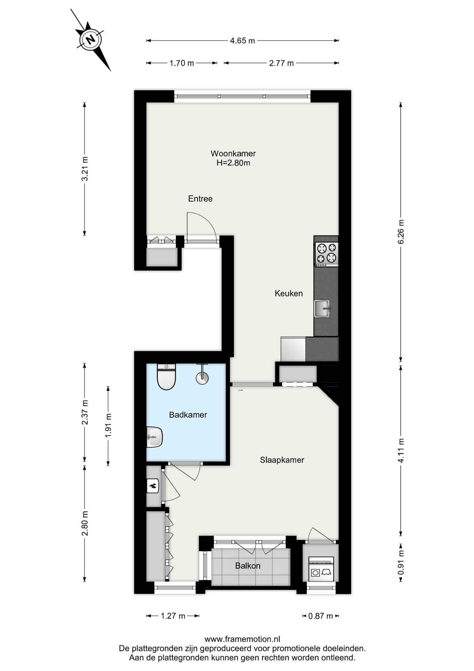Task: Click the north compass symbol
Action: point(90,39)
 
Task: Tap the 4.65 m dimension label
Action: point(242,41)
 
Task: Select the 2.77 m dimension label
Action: point(281,63)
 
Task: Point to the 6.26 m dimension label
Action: point(401,232)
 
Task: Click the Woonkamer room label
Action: point(233,153)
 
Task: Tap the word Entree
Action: point(200,199)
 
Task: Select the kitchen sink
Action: point(322,309)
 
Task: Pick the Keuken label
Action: point(289,293)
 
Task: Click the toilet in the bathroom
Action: point(166,377)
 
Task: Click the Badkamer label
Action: point(188,415)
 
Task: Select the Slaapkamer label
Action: point(282,460)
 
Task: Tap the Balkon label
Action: point(248,565)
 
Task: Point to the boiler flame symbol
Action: point(153,485)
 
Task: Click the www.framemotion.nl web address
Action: point(242,639)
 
